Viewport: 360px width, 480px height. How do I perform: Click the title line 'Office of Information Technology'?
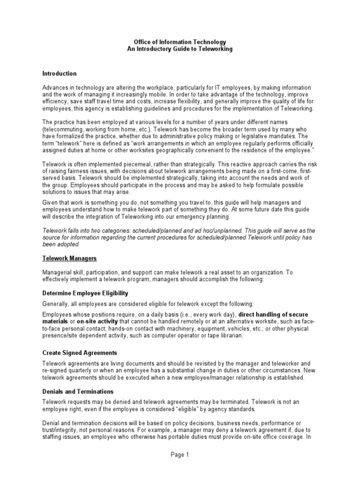pyautogui.click(x=180, y=42)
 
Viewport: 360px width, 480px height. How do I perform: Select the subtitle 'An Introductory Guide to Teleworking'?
pyautogui.click(x=180, y=49)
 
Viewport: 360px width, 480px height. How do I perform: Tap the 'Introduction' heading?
pyautogui.click(x=59, y=74)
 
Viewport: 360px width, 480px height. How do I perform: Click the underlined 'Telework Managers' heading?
pyautogui.click(x=69, y=258)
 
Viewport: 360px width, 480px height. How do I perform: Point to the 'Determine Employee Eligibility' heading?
pyautogui.click(x=85, y=293)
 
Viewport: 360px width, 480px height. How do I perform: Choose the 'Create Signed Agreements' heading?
pyautogui.click(x=79, y=352)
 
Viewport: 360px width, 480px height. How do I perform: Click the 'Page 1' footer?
pyautogui.click(x=180, y=454)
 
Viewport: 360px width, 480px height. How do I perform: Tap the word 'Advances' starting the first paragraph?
pyautogui.click(x=55, y=88)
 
